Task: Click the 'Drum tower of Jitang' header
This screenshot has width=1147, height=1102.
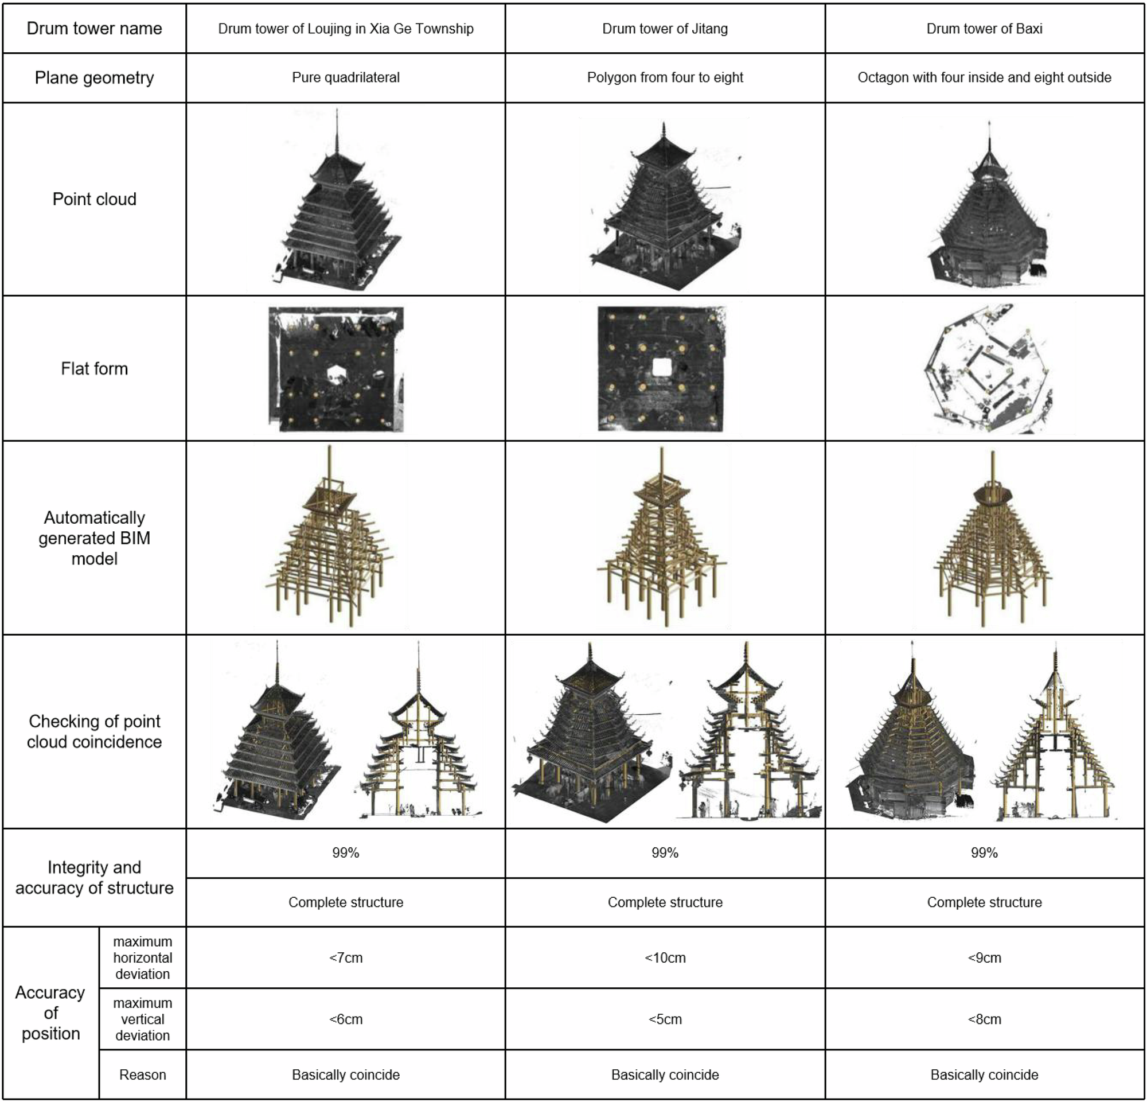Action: [x=665, y=29]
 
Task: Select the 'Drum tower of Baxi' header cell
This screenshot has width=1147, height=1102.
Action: [x=984, y=29]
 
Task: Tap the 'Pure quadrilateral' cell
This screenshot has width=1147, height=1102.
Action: [x=345, y=77]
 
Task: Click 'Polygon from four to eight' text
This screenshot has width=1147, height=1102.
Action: [x=665, y=77]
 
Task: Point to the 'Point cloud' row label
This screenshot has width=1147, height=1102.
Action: [x=94, y=199]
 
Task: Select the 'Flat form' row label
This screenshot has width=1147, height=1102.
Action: [x=94, y=369]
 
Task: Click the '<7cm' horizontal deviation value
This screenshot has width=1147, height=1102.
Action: [x=345, y=958]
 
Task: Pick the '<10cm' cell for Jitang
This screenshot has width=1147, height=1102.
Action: [x=665, y=958]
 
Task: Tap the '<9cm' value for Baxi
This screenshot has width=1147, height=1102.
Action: [x=984, y=958]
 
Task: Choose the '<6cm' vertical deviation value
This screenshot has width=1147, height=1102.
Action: [x=345, y=1019]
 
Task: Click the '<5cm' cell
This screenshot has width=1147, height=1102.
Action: [x=665, y=1019]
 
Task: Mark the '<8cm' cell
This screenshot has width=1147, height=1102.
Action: [x=984, y=1019]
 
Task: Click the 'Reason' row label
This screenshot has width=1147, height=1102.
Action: [x=142, y=1075]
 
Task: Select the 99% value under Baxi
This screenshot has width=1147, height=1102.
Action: [x=984, y=852]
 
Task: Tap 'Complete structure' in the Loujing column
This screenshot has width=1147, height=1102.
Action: [x=345, y=902]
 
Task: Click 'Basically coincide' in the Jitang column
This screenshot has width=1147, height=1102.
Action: [x=665, y=1075]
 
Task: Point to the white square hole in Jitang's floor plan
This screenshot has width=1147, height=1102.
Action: [x=662, y=368]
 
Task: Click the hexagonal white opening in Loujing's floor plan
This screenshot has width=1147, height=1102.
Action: [x=335, y=373]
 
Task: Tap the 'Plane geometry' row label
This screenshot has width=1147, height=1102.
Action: [x=94, y=78]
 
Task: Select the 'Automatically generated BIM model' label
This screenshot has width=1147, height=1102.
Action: [x=94, y=538]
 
